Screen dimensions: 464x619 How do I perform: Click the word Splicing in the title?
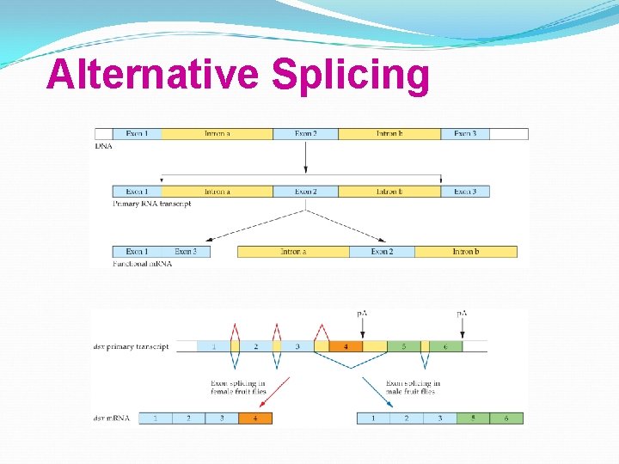tap(350, 76)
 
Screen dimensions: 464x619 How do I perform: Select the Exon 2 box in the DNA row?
tap(305, 134)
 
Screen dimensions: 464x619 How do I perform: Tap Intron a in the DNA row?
tap(217, 134)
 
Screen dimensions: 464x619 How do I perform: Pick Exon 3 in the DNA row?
tap(465, 134)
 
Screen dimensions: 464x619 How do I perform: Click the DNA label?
tap(103, 146)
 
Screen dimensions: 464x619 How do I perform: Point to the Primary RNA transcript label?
tap(151, 204)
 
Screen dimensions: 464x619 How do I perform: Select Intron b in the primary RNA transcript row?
tap(389, 192)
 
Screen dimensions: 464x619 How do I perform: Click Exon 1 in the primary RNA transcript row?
tap(137, 192)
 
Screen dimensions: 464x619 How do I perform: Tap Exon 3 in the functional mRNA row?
tap(186, 252)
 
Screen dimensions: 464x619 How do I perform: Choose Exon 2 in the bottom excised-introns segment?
tap(382, 252)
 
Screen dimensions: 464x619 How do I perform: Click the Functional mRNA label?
tap(142, 264)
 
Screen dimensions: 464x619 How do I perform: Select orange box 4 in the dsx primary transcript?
tap(346, 346)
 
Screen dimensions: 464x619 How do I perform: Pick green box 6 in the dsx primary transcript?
tap(445, 346)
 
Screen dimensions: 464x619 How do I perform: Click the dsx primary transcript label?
tap(131, 347)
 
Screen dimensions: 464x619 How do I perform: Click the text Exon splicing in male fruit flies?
tap(413, 388)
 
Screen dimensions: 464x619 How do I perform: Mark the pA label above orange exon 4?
tap(362, 313)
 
